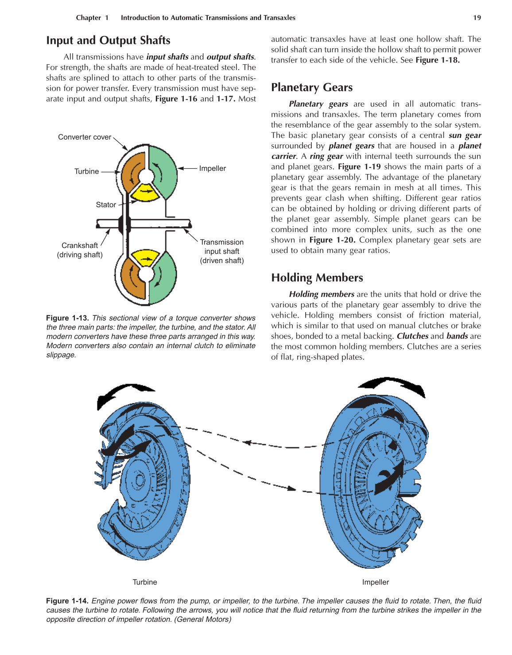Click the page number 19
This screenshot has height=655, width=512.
477,18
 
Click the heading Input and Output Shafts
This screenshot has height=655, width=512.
108,40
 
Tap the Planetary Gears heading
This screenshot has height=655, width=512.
312,87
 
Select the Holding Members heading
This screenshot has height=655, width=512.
317,278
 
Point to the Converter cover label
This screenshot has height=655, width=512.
85,137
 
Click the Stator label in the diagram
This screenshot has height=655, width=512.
106,205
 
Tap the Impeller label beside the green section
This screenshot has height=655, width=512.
212,168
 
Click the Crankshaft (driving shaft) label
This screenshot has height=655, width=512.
80,250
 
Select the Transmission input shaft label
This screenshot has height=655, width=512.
221,251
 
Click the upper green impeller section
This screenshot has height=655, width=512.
163,171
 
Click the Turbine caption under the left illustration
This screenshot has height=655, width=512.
145,582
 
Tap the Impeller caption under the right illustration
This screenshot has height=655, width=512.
375,582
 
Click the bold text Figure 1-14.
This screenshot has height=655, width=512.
67,601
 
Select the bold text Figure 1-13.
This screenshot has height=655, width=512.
67,318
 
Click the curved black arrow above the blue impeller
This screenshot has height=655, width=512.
392,385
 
